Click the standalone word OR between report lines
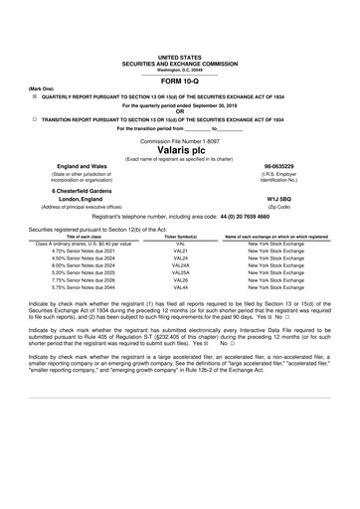click(179, 110)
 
